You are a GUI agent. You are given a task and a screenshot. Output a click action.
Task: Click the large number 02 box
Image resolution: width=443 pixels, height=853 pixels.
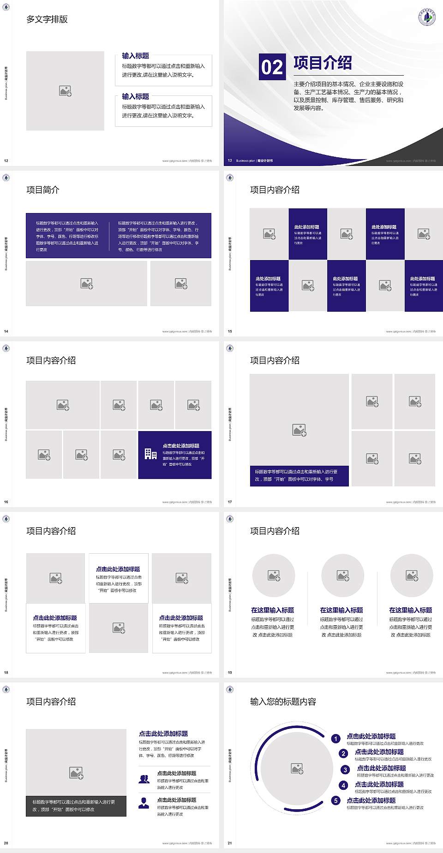click(272, 67)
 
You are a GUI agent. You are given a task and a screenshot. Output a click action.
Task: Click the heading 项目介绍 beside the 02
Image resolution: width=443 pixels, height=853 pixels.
click(323, 63)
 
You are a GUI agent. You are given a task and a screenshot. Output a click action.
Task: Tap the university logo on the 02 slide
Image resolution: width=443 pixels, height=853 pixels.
click(427, 17)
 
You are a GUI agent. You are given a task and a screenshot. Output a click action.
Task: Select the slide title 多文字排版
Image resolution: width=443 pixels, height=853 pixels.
click(47, 19)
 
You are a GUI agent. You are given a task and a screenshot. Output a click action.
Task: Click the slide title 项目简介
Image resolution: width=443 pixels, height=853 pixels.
click(43, 190)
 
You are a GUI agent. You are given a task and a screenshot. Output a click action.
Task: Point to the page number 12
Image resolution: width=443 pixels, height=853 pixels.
click(6, 160)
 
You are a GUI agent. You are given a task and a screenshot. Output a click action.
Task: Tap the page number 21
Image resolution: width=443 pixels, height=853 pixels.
click(230, 843)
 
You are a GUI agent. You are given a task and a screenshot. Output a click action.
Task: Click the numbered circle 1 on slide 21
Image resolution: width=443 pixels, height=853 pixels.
click(336, 739)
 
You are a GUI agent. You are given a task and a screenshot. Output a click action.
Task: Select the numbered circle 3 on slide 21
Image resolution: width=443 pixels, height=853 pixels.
click(345, 770)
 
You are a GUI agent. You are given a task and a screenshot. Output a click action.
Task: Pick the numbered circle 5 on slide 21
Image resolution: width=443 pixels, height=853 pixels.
click(336, 800)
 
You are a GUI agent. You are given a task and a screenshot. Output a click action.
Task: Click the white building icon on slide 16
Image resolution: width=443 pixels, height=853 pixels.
click(150, 454)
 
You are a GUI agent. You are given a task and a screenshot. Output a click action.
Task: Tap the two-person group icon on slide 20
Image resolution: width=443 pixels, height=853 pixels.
click(144, 779)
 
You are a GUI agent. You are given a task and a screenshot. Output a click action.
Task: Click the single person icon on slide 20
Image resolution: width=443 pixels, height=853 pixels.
click(144, 803)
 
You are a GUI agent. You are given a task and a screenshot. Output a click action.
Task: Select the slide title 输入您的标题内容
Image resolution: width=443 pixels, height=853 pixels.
click(283, 702)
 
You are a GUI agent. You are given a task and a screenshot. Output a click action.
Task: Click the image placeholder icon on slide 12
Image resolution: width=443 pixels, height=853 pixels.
click(65, 91)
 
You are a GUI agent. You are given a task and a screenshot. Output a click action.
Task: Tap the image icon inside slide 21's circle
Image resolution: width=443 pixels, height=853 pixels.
click(297, 768)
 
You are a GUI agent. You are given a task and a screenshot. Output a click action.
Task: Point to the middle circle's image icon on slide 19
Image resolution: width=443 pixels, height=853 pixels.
click(343, 575)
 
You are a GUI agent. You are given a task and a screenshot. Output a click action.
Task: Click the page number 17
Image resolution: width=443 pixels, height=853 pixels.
click(230, 502)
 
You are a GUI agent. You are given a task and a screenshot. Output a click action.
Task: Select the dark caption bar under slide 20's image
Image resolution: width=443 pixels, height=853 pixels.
click(76, 806)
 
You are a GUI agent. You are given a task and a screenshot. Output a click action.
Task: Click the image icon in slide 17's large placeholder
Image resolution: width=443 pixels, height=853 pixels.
click(299, 430)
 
